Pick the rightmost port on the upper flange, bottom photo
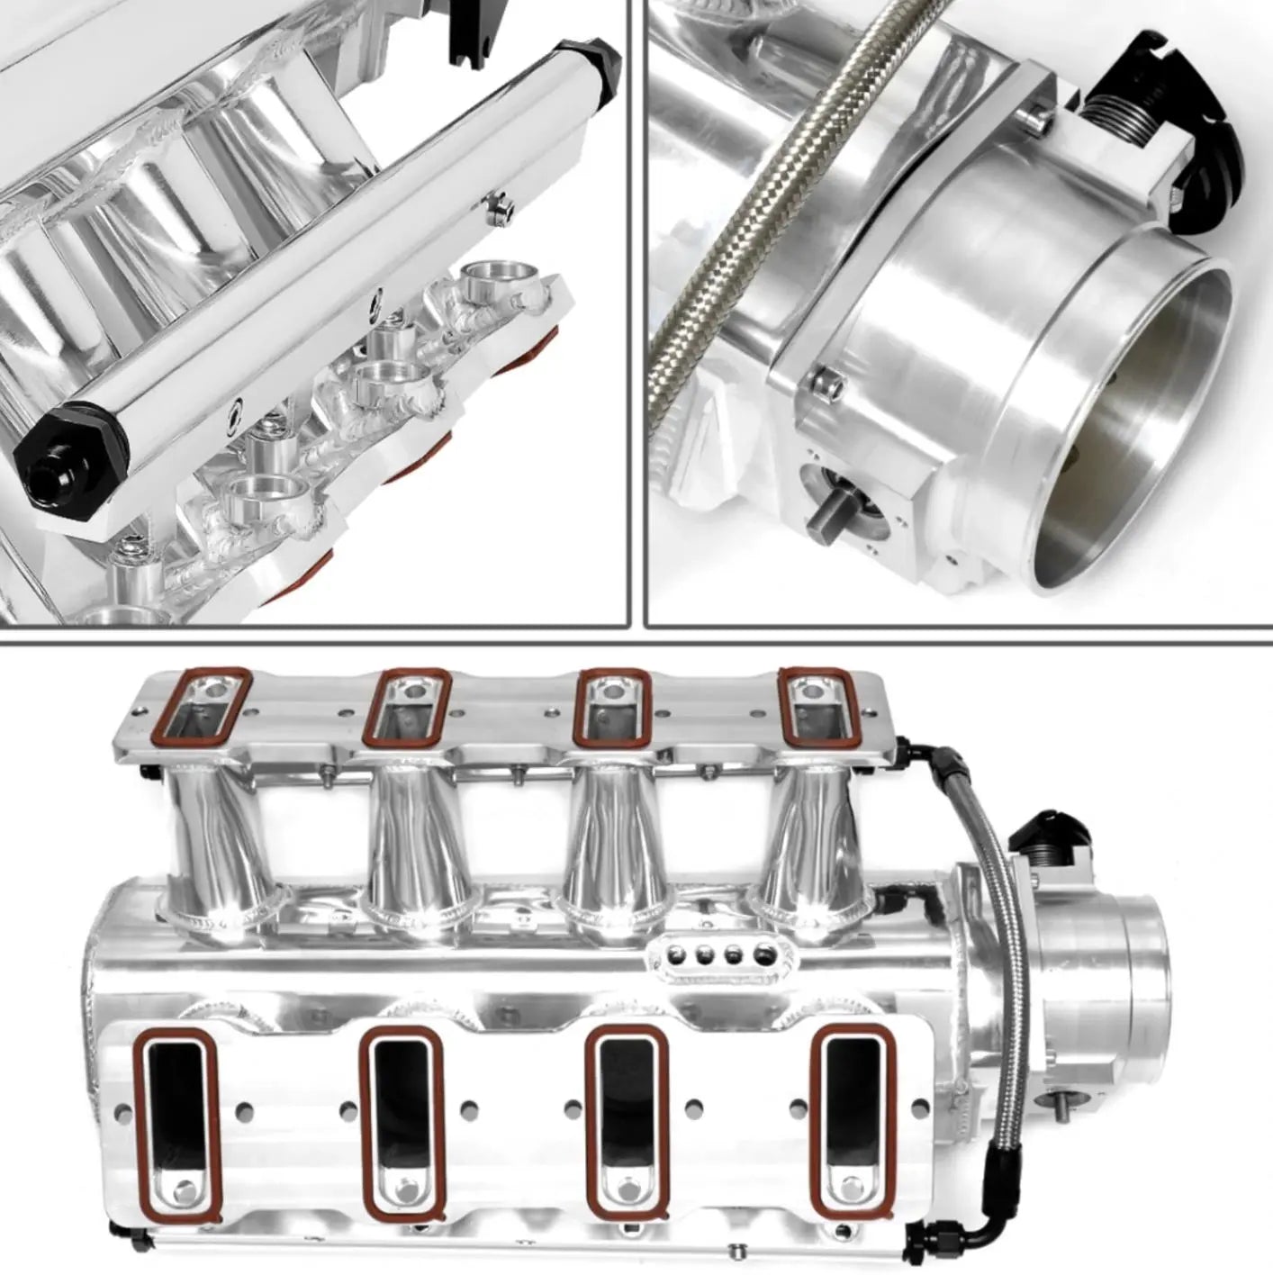[x=816, y=707]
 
